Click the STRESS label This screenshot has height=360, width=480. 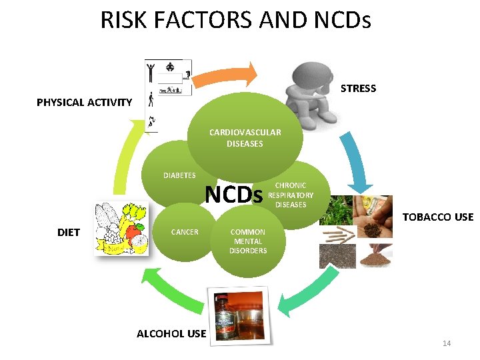(358, 88)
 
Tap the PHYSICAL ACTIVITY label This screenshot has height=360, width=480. (84, 102)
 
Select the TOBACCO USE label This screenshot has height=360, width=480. (437, 217)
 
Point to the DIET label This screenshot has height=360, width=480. (69, 232)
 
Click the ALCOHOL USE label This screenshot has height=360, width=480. (171, 333)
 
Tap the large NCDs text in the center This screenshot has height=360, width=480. (233, 194)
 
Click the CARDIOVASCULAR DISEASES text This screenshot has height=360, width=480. (245, 138)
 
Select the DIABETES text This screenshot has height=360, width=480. (179, 175)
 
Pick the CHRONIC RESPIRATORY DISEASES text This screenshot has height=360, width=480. (291, 195)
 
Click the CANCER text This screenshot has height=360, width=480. (185, 232)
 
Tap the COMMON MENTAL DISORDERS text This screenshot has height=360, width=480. (248, 241)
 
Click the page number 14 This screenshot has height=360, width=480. (447, 343)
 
